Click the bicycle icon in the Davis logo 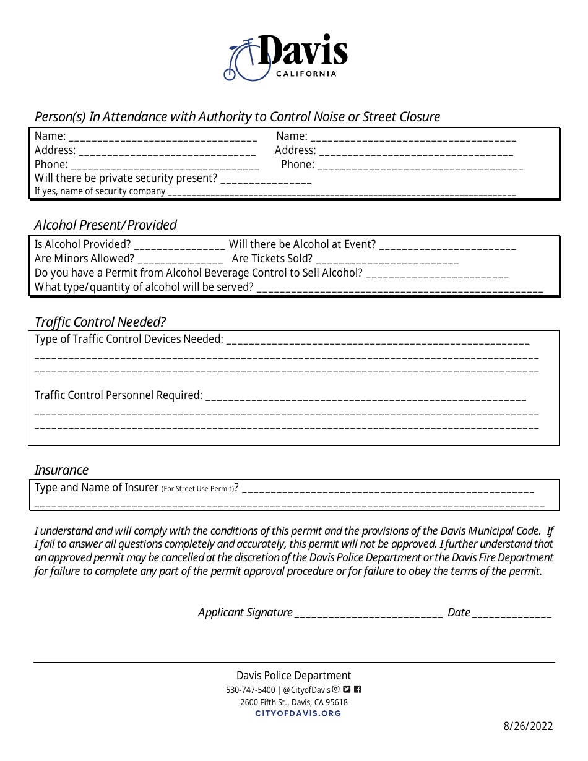coord(243,61)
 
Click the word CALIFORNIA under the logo coord(306,74)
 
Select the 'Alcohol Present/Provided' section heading coord(105,225)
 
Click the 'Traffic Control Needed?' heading coord(100,322)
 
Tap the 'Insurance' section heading coord(61,470)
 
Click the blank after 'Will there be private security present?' coord(266,179)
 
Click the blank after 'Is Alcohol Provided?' coord(179,245)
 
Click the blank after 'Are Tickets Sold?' coord(387,259)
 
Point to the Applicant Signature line coord(368,613)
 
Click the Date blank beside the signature coord(512,613)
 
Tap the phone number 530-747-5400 coord(251,690)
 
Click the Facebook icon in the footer coord(358,689)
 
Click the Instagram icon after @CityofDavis coord(336,689)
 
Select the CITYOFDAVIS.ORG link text coord(298,713)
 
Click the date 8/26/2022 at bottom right coord(528,726)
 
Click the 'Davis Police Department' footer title coord(293,676)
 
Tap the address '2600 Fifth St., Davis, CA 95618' coord(294,702)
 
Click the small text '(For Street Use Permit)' coord(197,489)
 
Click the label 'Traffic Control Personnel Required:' coord(118,395)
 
